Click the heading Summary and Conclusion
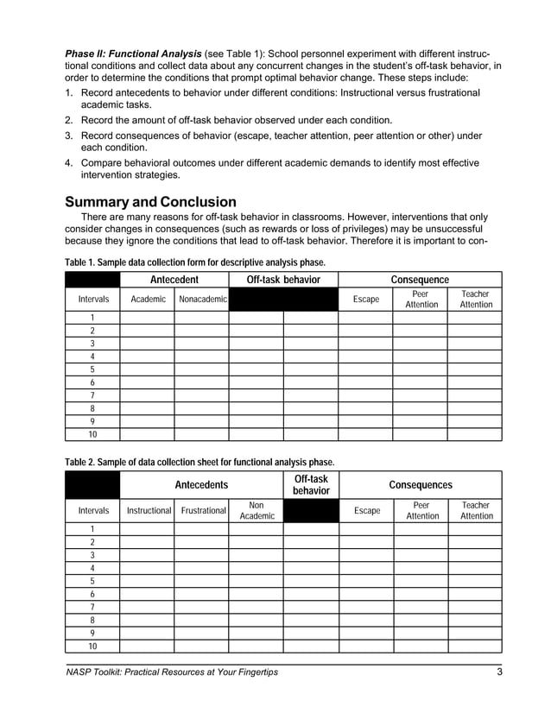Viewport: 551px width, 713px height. point(150,202)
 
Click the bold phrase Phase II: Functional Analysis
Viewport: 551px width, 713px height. point(133,54)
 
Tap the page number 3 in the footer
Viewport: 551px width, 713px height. point(499,672)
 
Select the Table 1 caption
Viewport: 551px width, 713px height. point(195,262)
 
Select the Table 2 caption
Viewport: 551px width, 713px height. point(199,462)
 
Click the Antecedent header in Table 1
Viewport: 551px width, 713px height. point(174,280)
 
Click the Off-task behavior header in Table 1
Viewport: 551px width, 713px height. point(283,280)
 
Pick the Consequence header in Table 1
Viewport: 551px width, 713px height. point(420,280)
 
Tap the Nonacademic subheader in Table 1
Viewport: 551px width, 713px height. point(201,300)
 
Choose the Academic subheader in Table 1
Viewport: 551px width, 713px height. point(148,300)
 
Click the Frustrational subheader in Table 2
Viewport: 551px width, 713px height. point(203,510)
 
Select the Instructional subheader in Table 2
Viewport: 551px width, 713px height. point(149,510)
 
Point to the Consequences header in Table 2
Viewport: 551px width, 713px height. point(421,485)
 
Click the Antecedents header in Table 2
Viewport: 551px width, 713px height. point(201,485)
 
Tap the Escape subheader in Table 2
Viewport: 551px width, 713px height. point(367,510)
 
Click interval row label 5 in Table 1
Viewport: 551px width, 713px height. point(92,369)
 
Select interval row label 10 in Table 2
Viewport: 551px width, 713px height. point(92,646)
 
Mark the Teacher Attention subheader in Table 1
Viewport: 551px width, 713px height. point(475,300)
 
